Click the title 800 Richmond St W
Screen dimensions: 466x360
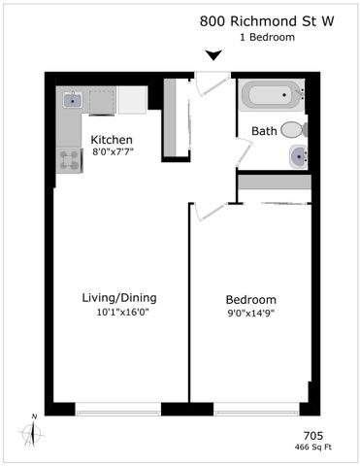267,20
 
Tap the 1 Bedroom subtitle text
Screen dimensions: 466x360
267,37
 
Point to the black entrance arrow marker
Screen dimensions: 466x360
213,55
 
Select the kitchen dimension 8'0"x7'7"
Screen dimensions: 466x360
112,152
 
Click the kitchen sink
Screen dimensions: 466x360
74,99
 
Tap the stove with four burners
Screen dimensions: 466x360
69,160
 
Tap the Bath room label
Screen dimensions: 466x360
264,131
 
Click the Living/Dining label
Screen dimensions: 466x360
120,297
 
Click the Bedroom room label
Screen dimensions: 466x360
250,299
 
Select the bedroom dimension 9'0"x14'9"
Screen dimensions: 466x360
250,313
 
